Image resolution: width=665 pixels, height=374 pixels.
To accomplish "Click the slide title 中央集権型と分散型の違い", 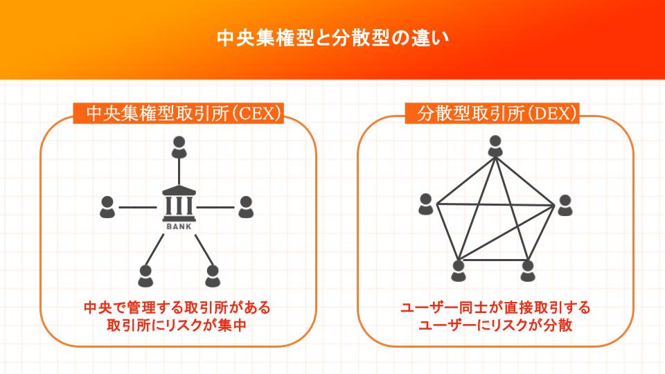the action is coord(333,37).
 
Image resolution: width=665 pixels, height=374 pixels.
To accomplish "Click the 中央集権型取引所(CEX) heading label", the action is coord(179,113).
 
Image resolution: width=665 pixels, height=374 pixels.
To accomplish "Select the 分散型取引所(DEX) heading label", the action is coord(493,113).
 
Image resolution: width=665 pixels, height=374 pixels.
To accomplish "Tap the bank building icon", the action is coord(179,204).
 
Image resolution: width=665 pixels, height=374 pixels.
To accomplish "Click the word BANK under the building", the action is coord(179,227).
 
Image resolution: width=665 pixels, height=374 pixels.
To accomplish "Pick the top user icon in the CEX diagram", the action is coord(179,147).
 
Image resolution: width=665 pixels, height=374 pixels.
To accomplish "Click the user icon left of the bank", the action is coord(107,207).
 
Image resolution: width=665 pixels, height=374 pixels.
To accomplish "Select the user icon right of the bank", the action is coord(245,207).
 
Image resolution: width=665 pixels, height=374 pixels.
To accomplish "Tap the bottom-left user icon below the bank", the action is coord(145,276).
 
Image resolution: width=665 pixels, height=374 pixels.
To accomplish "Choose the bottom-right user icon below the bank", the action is coord(213,276).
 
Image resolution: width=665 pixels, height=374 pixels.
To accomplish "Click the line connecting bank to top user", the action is coord(179,171).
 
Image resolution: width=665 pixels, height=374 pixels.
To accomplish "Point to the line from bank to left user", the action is coord(138,207).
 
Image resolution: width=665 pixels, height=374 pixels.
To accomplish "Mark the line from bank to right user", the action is coord(215,207).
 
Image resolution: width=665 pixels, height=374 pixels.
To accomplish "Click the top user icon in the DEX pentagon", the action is coord(495,146).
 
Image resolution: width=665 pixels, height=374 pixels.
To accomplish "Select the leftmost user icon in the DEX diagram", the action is coord(426,204).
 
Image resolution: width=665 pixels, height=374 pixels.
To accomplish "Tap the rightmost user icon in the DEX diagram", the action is coord(565,205).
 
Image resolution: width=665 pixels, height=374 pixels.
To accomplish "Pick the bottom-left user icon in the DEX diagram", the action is coord(458,271).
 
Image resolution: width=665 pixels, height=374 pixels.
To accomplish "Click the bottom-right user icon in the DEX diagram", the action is coord(527,271).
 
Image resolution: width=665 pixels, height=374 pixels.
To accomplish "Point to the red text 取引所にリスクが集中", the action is coord(177,326).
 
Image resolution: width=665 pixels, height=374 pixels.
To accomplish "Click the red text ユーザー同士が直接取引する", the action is coord(495,308).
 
